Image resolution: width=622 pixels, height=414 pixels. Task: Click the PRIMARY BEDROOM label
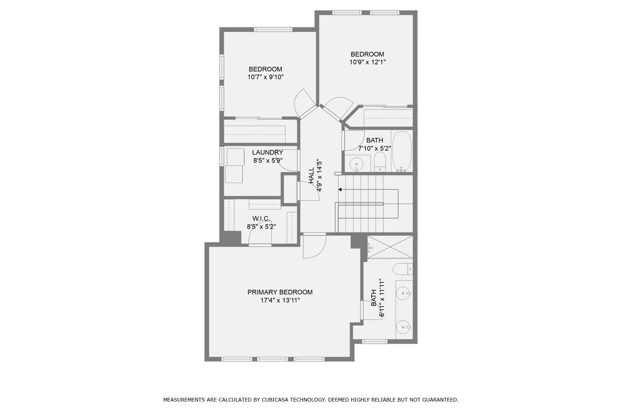280,292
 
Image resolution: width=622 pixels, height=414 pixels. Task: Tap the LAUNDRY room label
267,152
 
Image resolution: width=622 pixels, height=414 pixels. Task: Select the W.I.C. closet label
261,219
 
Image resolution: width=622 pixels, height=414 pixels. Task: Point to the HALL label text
311,175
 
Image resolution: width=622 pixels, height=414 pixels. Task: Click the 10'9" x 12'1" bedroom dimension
367,62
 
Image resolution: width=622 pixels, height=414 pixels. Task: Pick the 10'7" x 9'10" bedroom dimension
266,77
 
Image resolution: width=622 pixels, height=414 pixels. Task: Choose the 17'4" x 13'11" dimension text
280,300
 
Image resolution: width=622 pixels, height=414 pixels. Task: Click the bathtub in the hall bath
402,151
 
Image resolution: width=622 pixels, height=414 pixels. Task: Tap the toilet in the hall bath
380,162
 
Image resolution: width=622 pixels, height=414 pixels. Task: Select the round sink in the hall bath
356,164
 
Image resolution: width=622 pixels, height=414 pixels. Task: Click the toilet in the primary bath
403,269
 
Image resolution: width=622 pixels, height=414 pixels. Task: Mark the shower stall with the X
390,247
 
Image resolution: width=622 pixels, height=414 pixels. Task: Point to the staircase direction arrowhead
340,190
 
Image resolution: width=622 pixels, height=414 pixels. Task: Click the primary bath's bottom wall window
374,341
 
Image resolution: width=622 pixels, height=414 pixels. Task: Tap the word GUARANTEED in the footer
440,400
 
